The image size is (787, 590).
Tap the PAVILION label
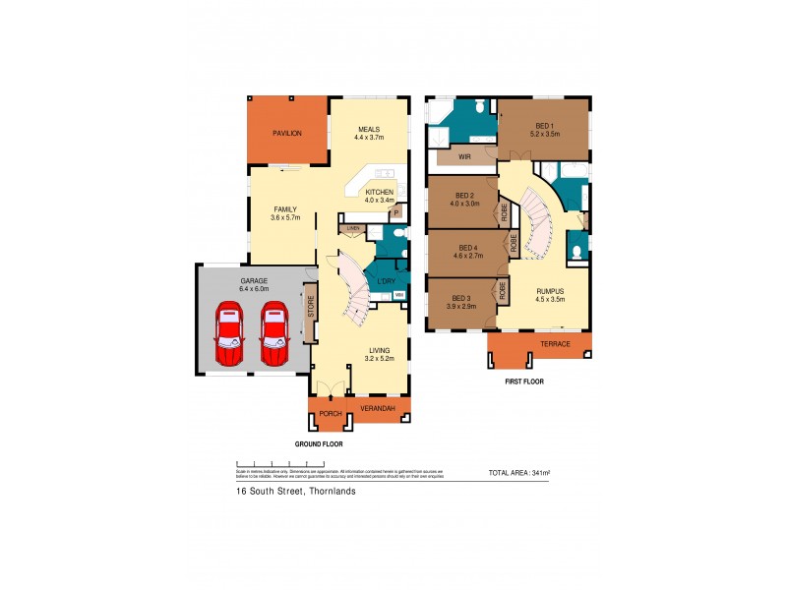tap(286, 133)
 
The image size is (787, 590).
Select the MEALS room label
tap(369, 127)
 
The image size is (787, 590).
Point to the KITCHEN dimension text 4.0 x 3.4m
tap(380, 201)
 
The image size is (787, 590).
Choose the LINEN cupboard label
tap(352, 228)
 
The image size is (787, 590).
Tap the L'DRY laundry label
tap(385, 282)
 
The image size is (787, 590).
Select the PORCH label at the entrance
tap(330, 414)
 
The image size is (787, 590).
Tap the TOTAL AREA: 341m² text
tap(518, 474)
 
